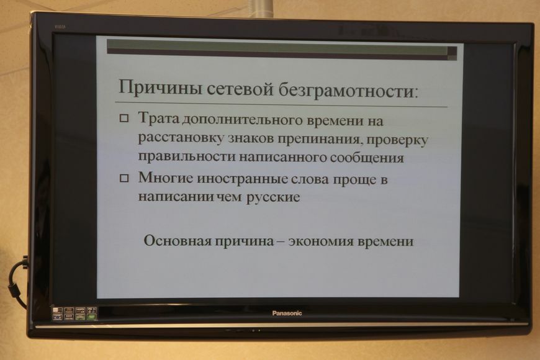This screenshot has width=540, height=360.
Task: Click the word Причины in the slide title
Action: click(x=160, y=87)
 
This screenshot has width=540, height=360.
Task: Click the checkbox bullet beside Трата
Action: click(x=124, y=119)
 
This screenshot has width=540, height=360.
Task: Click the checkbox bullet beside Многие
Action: click(x=124, y=178)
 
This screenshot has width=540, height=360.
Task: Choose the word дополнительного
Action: click(x=243, y=120)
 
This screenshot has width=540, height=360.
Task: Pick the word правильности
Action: click(x=187, y=156)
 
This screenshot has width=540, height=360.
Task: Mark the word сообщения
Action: click(x=367, y=158)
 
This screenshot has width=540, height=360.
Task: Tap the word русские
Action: click(x=273, y=198)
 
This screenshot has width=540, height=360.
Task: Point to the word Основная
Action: click(x=178, y=240)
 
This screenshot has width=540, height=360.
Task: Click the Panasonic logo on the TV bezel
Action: click(x=287, y=313)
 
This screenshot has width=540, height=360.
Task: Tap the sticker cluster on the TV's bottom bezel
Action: click(x=74, y=313)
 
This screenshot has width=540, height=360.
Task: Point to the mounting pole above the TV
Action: click(x=264, y=7)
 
